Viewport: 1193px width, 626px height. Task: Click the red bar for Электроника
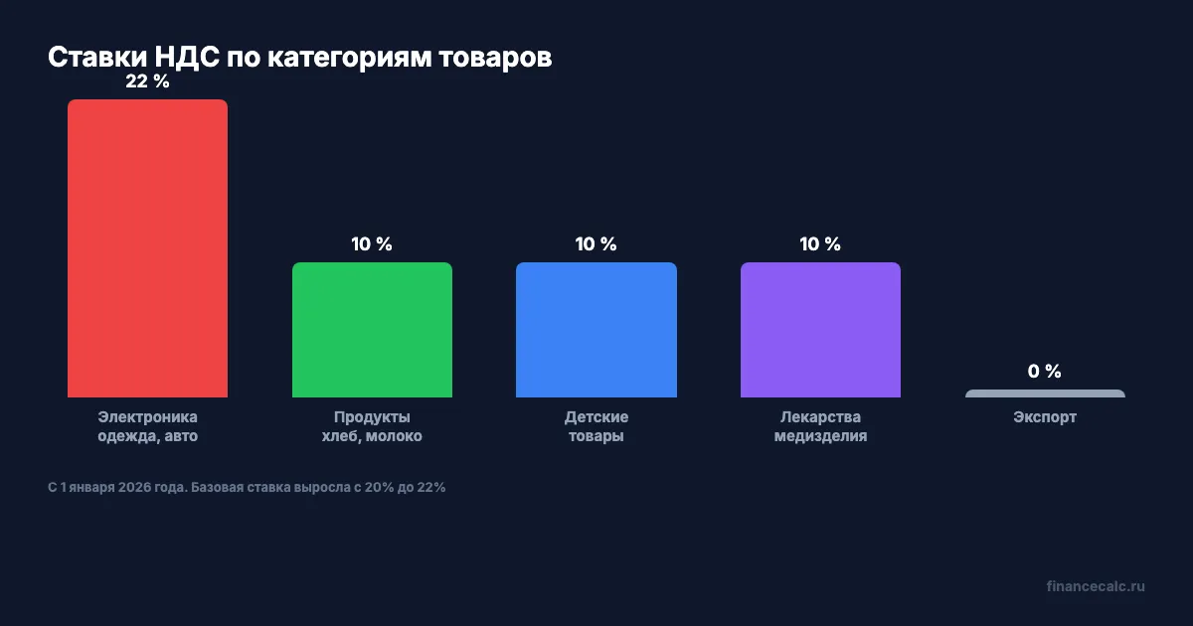[x=147, y=248]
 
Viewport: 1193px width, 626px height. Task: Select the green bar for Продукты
[x=372, y=330]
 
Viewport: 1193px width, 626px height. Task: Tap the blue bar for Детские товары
[x=596, y=330]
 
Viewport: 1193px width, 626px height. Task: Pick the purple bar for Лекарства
[x=820, y=330]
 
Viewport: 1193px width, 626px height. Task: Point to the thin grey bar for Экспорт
[x=1045, y=393]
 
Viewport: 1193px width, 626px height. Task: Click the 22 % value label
[x=147, y=82]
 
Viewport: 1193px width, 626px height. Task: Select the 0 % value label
[x=1045, y=372]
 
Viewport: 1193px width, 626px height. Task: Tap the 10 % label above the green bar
[x=372, y=244]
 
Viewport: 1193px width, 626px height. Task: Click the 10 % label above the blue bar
[x=596, y=244]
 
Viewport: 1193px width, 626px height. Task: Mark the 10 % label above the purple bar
[x=820, y=244]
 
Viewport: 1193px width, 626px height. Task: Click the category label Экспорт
[x=1045, y=417]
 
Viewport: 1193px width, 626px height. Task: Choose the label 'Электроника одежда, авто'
[x=147, y=426]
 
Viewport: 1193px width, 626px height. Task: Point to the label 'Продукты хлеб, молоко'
[x=372, y=426]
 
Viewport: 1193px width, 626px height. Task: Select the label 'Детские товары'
[x=596, y=426]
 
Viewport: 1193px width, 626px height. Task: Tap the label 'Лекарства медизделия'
[x=820, y=426]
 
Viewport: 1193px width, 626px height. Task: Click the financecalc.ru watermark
[x=1096, y=586]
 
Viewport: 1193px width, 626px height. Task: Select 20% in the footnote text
[x=380, y=488]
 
